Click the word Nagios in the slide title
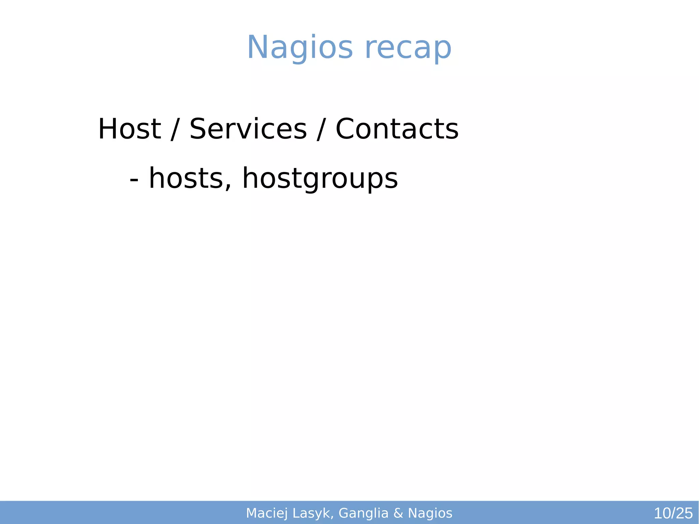pyautogui.click(x=300, y=48)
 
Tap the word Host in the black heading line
pyautogui.click(x=129, y=129)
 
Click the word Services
pyautogui.click(x=248, y=129)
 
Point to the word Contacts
pyautogui.click(x=397, y=129)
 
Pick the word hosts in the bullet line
pyautogui.click(x=186, y=179)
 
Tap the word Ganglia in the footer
pyautogui.click(x=363, y=513)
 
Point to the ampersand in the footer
pyautogui.click(x=398, y=513)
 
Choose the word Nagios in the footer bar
pyautogui.click(x=430, y=513)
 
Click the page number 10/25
pyautogui.click(x=673, y=513)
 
